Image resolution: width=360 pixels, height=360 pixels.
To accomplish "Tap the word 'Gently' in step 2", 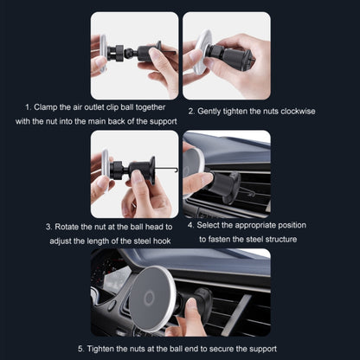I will click(x=213, y=112).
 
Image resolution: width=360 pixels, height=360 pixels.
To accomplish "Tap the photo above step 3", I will click(x=134, y=173).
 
